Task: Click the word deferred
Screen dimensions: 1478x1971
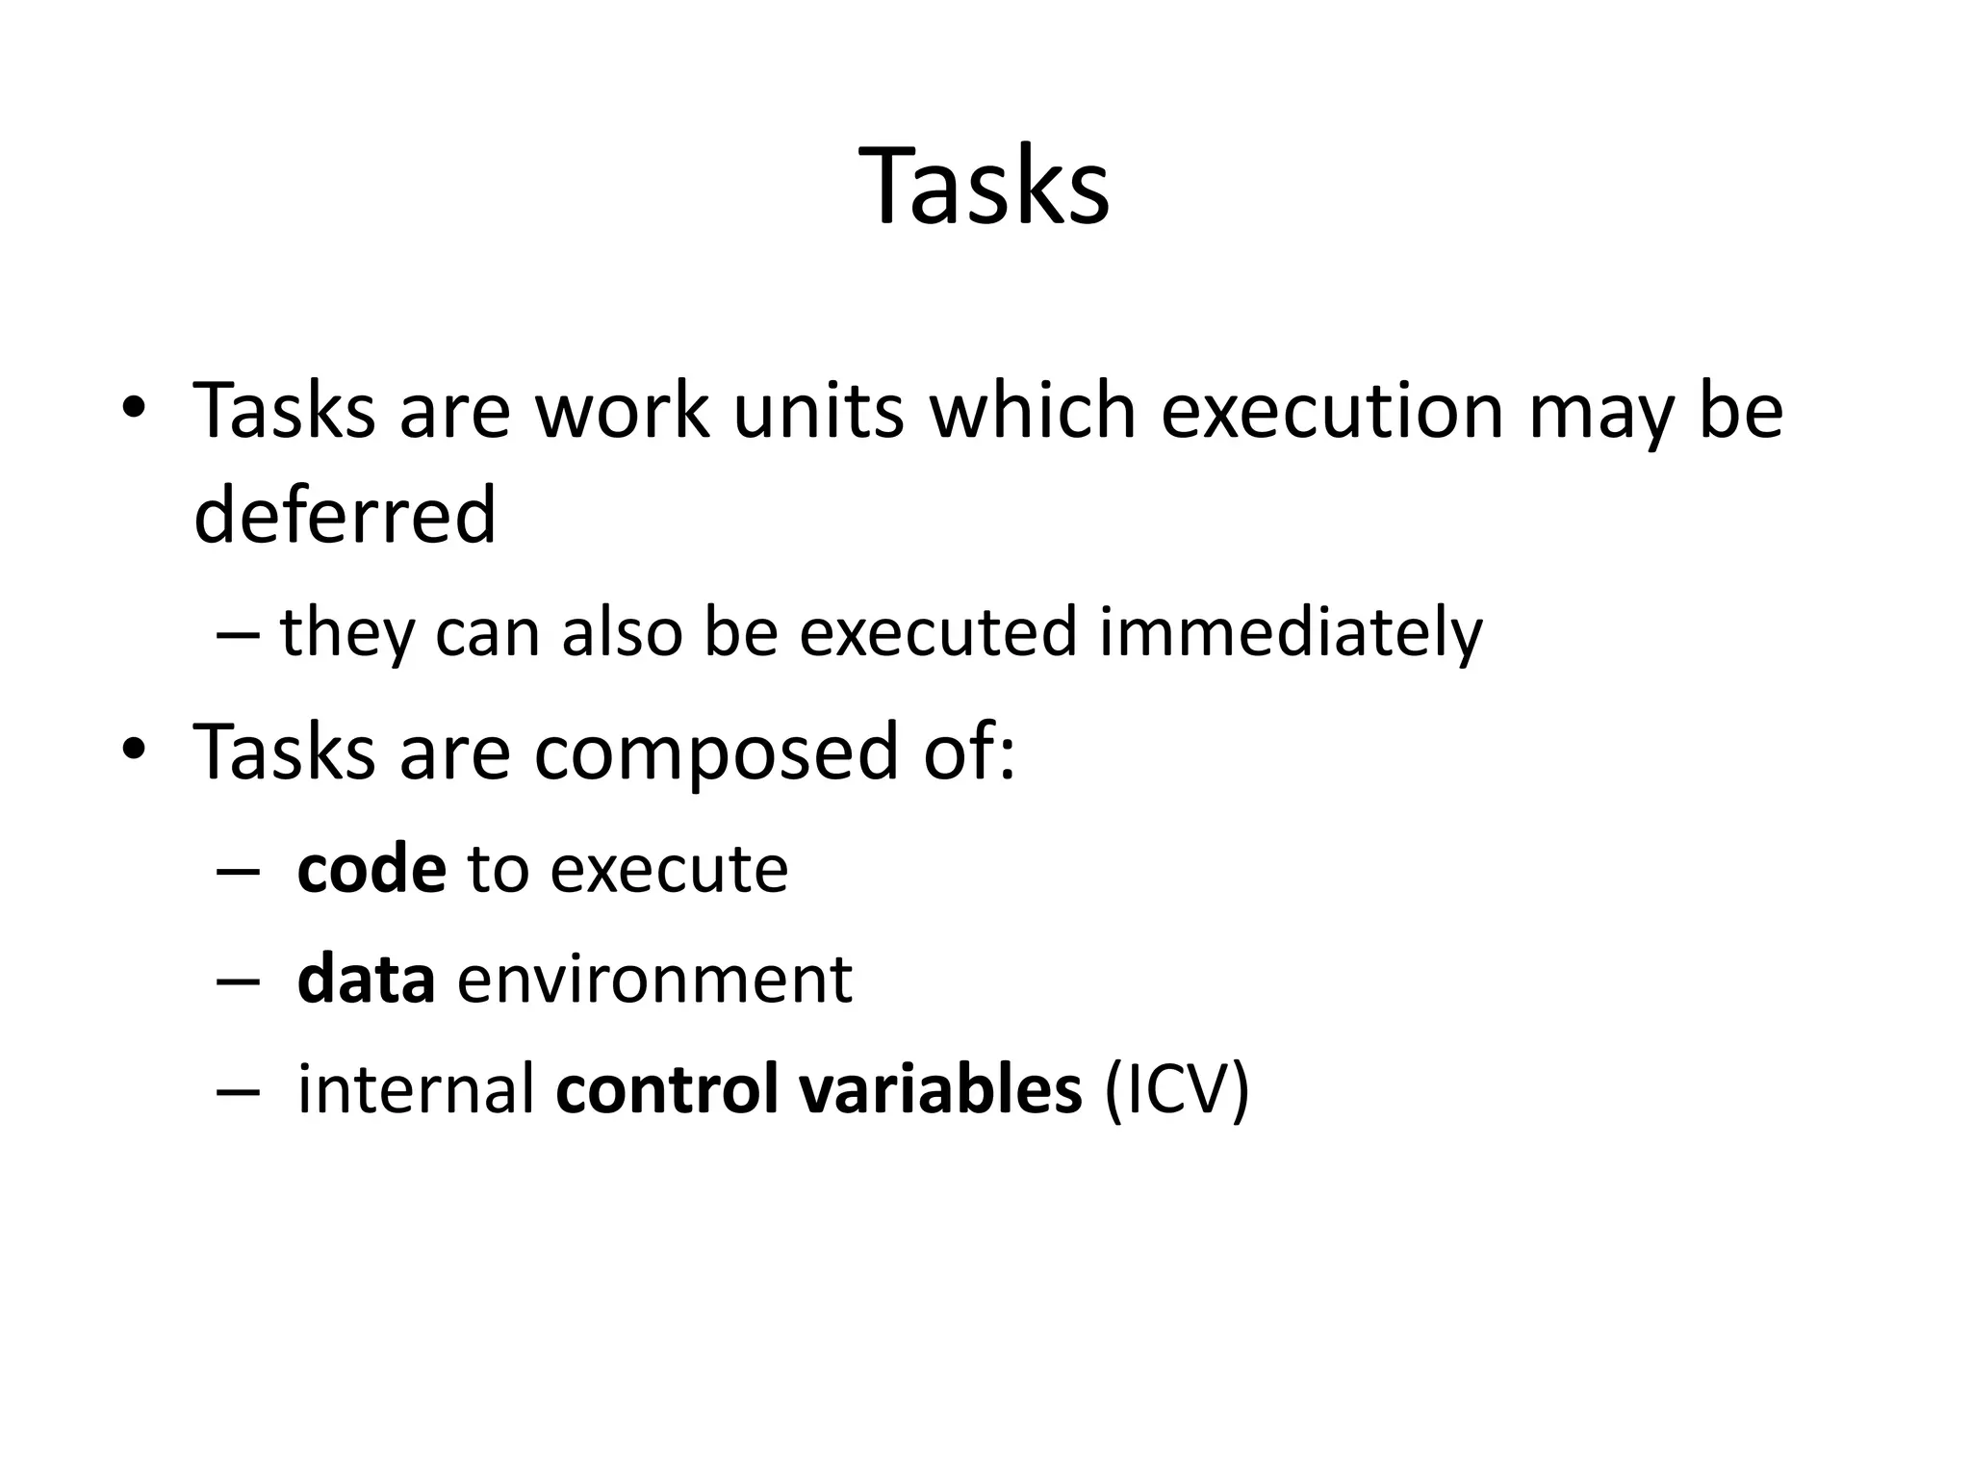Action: tap(345, 515)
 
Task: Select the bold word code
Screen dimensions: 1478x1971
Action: tap(371, 869)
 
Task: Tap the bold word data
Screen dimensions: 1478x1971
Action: tap(366, 980)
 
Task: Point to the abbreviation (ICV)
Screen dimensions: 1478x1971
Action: tap(1177, 1091)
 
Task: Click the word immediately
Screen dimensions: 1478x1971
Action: tap(1291, 633)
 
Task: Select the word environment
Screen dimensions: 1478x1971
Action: tap(654, 980)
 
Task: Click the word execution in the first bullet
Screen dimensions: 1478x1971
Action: tap(1332, 411)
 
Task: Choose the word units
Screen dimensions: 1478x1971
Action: tap(818, 411)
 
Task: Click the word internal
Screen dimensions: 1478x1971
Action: tap(416, 1090)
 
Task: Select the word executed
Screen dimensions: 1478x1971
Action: tap(937, 633)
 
